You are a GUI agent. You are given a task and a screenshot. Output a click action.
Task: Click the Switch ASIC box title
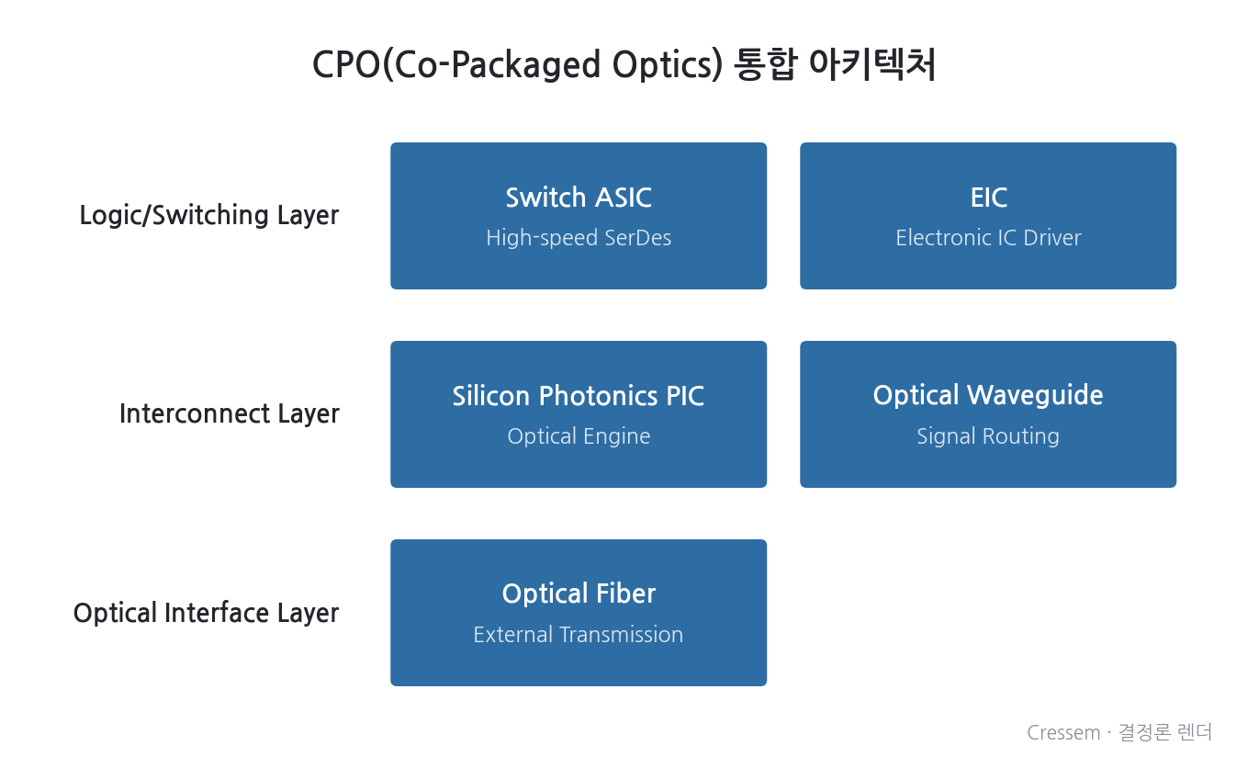(x=579, y=198)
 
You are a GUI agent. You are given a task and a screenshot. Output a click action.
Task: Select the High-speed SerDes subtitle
(x=579, y=238)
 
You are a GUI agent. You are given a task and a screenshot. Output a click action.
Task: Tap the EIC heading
(x=988, y=198)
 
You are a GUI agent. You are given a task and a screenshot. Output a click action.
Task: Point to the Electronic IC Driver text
(x=988, y=238)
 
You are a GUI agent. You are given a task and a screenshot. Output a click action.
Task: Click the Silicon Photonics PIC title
(x=579, y=396)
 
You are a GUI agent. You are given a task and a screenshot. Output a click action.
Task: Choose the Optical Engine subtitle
(x=579, y=436)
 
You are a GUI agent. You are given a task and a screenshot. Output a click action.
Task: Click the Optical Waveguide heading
(x=988, y=396)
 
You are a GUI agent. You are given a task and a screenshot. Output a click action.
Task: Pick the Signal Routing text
(x=988, y=436)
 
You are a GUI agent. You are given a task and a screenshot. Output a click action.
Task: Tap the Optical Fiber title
(x=579, y=593)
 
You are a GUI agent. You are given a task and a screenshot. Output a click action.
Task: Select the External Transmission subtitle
(x=579, y=635)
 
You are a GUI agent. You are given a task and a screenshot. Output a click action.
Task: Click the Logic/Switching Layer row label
(x=209, y=216)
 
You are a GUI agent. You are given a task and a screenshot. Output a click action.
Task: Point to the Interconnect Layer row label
(x=229, y=414)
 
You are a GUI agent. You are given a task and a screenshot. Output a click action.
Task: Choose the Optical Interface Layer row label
(x=206, y=614)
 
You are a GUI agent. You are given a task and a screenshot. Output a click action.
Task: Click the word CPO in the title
(x=346, y=64)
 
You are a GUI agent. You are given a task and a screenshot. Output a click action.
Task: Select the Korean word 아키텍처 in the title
(x=871, y=64)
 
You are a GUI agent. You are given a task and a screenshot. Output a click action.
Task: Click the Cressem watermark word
(x=1063, y=732)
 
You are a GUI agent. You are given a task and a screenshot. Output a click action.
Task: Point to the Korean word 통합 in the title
(x=765, y=64)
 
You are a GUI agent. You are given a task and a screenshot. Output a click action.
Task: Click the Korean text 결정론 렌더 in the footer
(x=1165, y=732)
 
